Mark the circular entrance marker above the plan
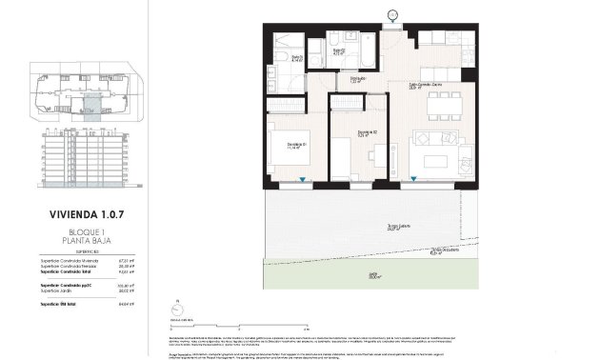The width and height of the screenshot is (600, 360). point(393,13)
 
